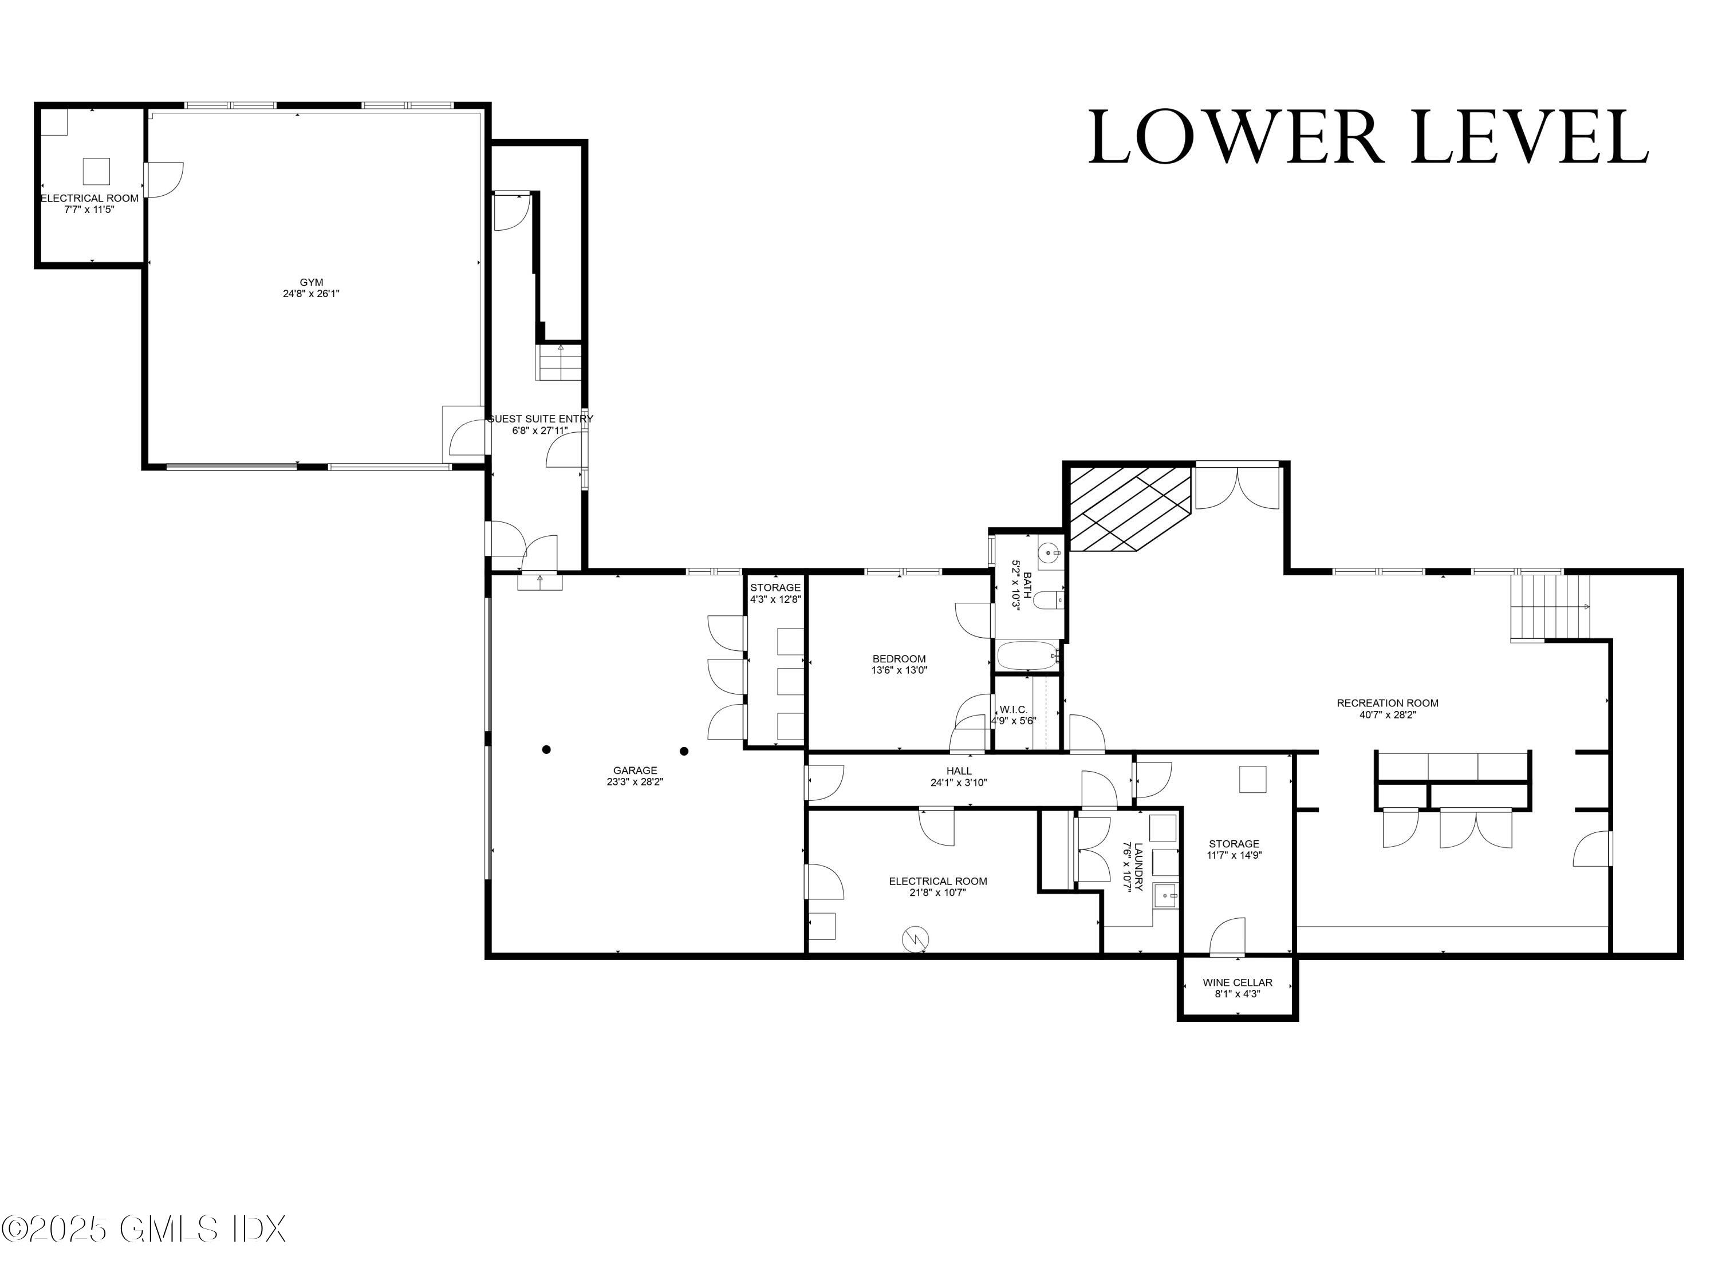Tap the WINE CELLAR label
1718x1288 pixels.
(1237, 982)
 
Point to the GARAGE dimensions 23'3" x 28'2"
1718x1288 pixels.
(635, 783)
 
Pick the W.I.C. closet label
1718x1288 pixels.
(1013, 710)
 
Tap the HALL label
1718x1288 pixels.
(959, 771)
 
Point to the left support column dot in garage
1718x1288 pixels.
(547, 749)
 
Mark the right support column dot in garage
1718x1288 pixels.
(684, 750)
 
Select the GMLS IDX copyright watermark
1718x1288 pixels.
(144, 1229)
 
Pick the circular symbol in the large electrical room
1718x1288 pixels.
(915, 939)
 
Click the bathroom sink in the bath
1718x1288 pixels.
(1050, 553)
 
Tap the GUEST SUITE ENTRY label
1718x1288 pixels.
(540, 419)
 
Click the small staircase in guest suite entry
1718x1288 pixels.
(558, 362)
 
